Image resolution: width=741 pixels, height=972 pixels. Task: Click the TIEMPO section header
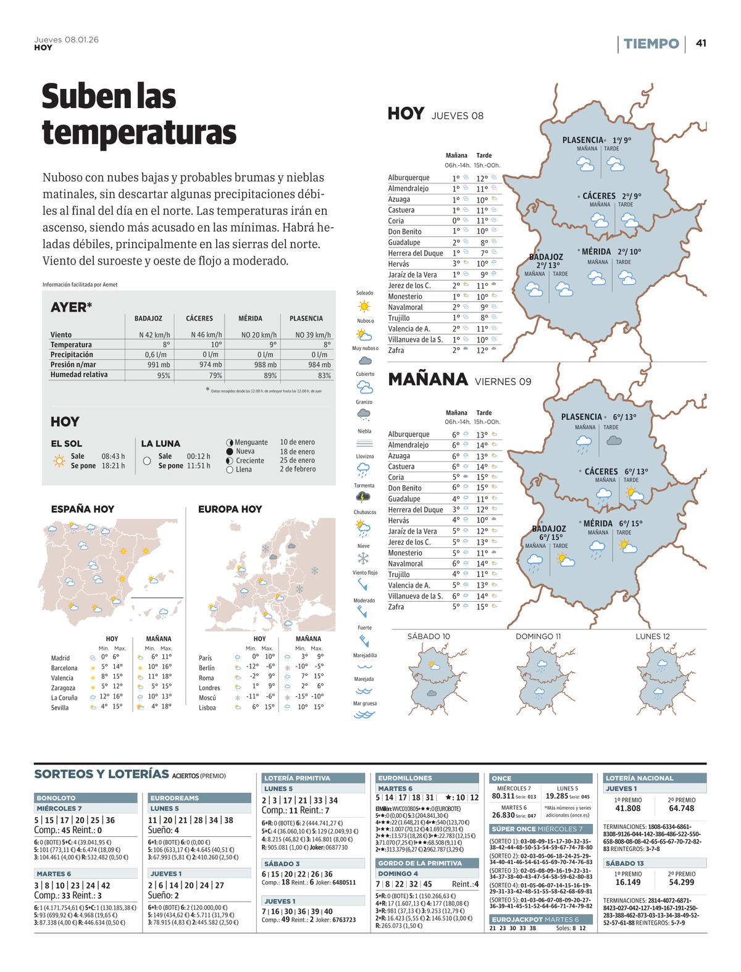(x=651, y=44)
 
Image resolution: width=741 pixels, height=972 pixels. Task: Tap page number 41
(x=701, y=43)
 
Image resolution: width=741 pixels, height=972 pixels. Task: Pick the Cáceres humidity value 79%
(x=216, y=375)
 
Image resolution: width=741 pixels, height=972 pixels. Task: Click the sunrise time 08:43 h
(x=113, y=456)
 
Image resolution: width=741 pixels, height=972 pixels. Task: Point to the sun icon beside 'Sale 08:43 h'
(x=59, y=460)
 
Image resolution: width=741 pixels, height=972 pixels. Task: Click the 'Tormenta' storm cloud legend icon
(x=364, y=497)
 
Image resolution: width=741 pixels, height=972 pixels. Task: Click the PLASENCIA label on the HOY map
(x=582, y=140)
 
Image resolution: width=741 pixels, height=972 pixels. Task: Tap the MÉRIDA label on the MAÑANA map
(x=598, y=523)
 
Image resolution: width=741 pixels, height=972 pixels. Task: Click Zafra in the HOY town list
(x=396, y=351)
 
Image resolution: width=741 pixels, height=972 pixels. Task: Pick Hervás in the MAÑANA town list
(x=398, y=520)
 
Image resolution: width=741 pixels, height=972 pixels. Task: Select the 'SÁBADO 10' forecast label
(x=429, y=636)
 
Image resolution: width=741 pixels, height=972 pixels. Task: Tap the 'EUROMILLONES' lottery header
(x=405, y=778)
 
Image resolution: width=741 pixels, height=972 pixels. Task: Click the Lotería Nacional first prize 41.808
(x=628, y=808)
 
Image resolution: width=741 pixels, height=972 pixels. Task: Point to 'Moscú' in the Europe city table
(x=207, y=697)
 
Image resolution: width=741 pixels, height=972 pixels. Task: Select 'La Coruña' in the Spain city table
(x=64, y=697)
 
